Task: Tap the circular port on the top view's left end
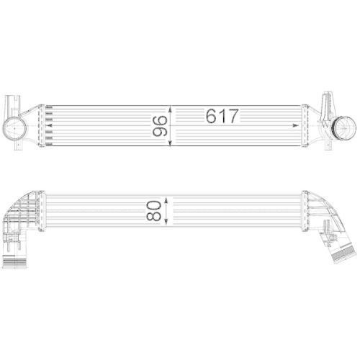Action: pos(16,130)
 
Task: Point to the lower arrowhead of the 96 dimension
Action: pos(170,145)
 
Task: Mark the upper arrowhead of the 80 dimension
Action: pos(168,195)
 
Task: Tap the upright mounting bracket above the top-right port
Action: pos(325,101)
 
